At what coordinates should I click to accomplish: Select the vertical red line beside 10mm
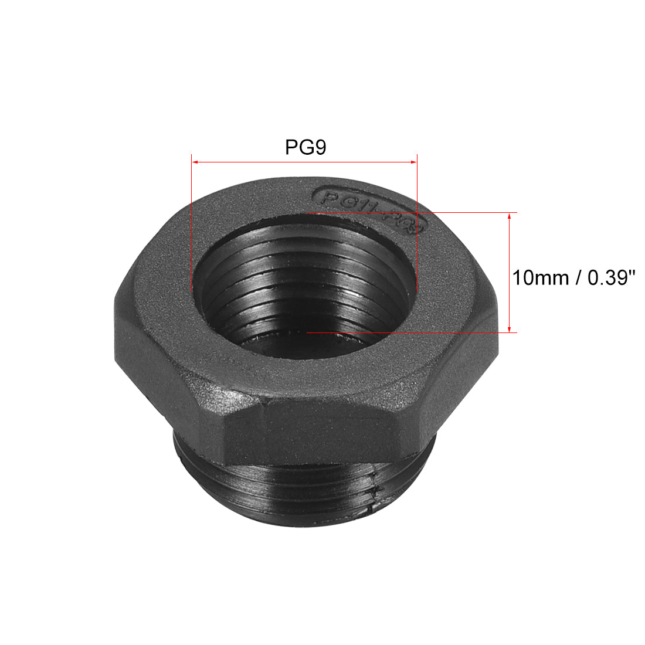click(x=510, y=273)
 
